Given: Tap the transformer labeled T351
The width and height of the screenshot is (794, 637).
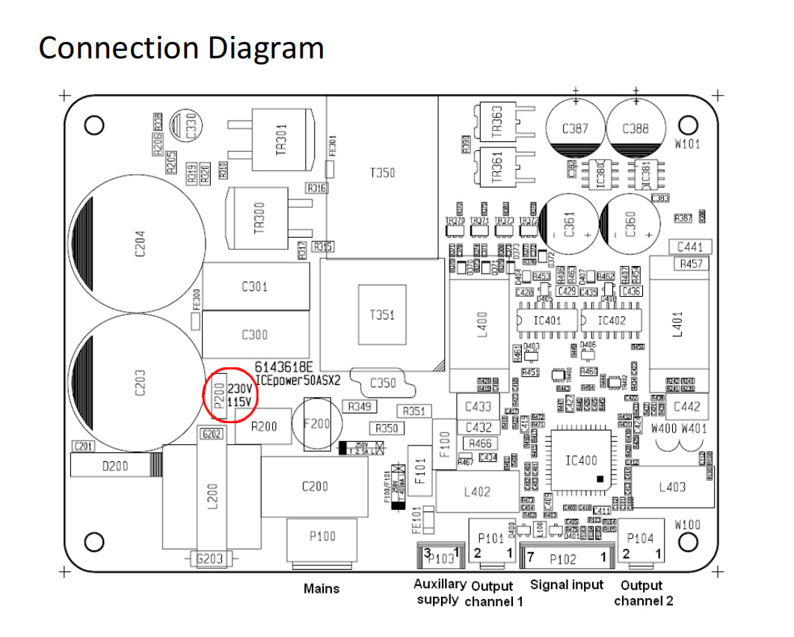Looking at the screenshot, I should pos(382,315).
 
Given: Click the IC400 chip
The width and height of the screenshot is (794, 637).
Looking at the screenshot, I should pos(583,461).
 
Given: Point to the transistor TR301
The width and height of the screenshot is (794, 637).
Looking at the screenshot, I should pos(280,139).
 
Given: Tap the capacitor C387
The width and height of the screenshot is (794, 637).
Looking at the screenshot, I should pos(573,129).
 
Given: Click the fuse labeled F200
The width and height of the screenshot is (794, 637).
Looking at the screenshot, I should pos(318,423).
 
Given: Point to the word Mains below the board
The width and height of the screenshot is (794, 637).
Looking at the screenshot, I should pos(321,588).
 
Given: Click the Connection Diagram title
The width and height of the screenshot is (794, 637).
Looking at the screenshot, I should pos(181,48).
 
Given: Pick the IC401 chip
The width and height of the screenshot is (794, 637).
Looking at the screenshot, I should pos(547,320).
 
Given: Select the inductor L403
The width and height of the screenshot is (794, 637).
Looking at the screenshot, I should pos(671,487).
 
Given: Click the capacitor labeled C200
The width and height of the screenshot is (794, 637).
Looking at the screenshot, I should pos(315,487).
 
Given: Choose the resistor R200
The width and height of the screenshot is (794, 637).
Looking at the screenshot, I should pos(264,427).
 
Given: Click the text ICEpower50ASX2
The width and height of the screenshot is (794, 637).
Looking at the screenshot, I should pos(298,380).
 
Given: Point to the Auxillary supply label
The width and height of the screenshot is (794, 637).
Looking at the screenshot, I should pos(440,591).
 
